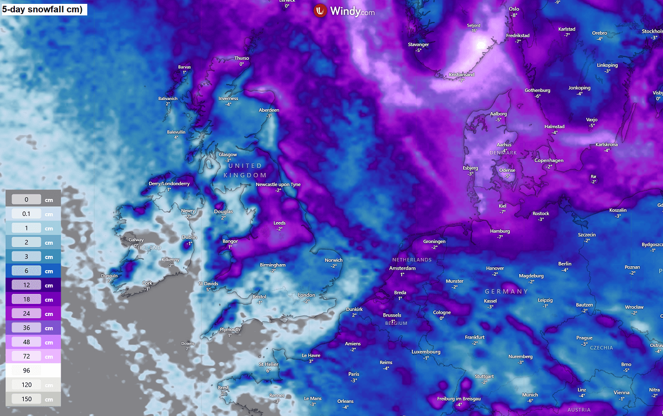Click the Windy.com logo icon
[320, 10]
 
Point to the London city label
[306, 295]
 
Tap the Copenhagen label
[549, 160]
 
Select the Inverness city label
[228, 99]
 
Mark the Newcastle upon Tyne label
[278, 185]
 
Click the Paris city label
[354, 374]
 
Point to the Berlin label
[565, 264]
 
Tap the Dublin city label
[190, 238]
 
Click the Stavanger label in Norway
[418, 44]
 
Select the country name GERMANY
[507, 291]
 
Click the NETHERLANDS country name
[412, 260]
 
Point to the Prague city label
[584, 338]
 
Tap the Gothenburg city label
[538, 90]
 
